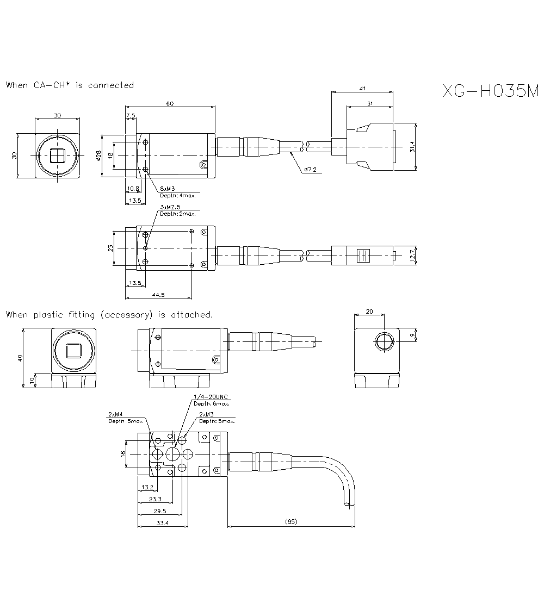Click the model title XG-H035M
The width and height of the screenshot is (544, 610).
(490, 91)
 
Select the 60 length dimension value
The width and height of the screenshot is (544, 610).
(170, 103)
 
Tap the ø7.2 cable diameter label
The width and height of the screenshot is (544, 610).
(311, 170)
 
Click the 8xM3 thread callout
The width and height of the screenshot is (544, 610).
(167, 188)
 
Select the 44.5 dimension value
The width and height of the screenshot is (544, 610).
(159, 294)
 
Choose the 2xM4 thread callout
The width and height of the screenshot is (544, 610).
(115, 414)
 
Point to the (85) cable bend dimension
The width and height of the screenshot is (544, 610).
(290, 522)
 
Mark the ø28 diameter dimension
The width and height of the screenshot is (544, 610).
(98, 155)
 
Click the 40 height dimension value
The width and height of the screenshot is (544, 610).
(20, 358)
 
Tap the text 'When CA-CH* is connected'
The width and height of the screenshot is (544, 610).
(70, 85)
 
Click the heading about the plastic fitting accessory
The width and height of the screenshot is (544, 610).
(109, 314)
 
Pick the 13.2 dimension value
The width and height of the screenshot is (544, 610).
(146, 487)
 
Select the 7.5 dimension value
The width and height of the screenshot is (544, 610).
(131, 116)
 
